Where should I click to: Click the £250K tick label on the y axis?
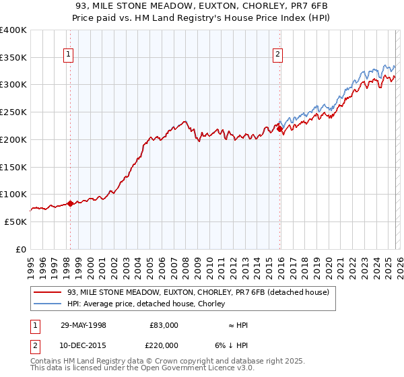[13, 112]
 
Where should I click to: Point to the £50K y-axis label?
[16, 221]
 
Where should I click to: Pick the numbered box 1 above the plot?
[69, 56]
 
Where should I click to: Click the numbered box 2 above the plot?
[277, 56]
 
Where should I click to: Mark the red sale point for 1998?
[70, 203]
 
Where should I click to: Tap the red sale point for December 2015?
[279, 129]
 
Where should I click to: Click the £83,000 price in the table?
[164, 325]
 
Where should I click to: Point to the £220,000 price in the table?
[164, 345]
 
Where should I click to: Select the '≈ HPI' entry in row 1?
[238, 325]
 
